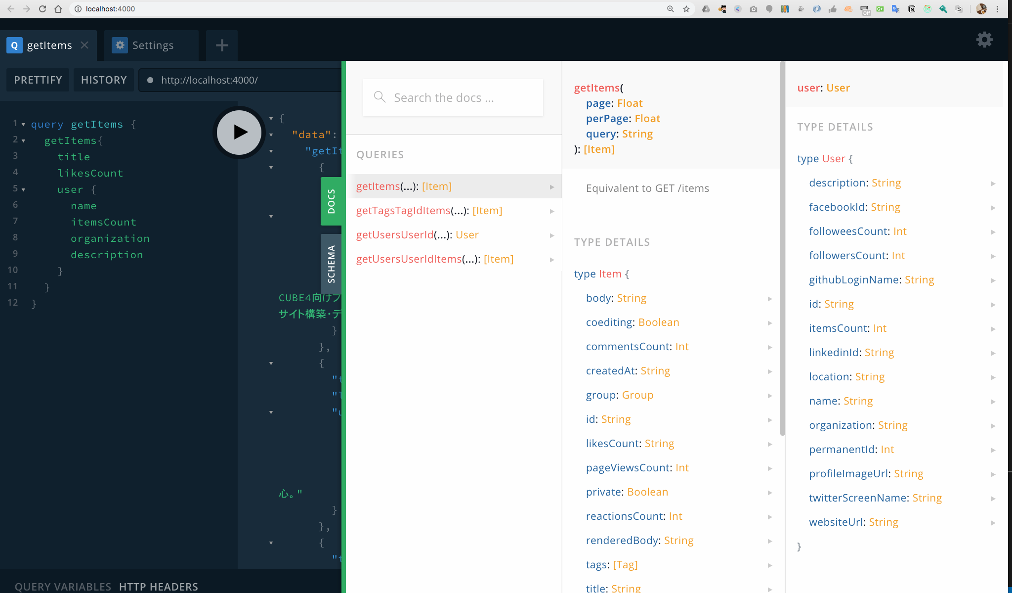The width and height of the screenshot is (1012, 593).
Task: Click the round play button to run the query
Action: click(x=239, y=132)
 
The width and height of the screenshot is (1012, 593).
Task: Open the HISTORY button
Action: click(x=104, y=80)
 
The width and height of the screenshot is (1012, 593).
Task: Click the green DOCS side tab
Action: click(x=331, y=201)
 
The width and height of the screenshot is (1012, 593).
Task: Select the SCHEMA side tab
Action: click(x=331, y=264)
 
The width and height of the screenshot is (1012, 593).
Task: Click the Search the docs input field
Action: click(x=453, y=97)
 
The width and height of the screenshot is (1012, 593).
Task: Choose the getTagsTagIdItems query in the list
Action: click(x=429, y=211)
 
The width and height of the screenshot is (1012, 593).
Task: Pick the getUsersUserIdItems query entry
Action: click(x=435, y=259)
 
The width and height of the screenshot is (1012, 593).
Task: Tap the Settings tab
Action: click(x=151, y=46)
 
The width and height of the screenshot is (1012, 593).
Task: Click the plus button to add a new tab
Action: click(x=222, y=46)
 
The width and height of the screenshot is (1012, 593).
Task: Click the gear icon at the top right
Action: click(x=984, y=40)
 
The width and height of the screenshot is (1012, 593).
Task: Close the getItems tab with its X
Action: click(x=84, y=45)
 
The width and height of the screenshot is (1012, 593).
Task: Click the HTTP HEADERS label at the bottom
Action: click(x=159, y=587)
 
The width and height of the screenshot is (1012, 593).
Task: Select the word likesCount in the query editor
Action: click(x=90, y=173)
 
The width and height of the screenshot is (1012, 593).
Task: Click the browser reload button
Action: click(x=42, y=9)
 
